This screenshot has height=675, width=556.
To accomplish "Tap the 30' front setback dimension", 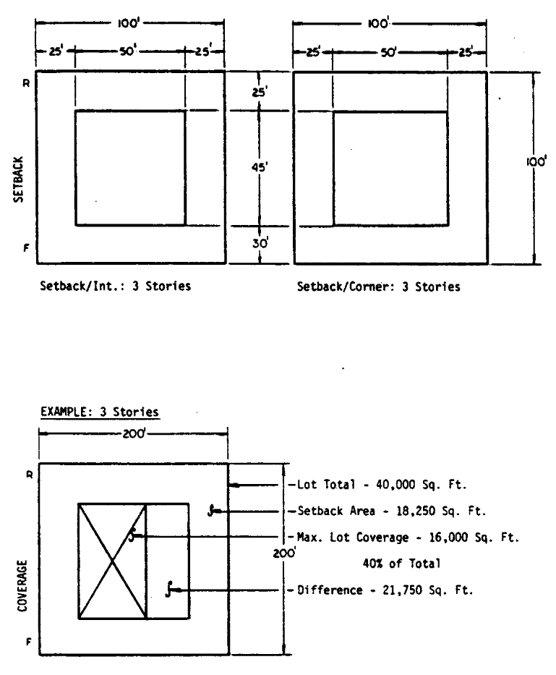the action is pyautogui.click(x=260, y=243).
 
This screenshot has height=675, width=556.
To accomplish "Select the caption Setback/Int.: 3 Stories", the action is pyautogui.click(x=116, y=286).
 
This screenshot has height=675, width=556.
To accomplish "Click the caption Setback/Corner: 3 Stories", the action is pyautogui.click(x=379, y=287).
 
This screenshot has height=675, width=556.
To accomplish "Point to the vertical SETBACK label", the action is pyautogui.click(x=18, y=179).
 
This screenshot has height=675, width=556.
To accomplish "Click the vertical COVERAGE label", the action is pyautogui.click(x=22, y=585).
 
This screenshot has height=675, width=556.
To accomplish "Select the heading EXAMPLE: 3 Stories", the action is pyautogui.click(x=100, y=412).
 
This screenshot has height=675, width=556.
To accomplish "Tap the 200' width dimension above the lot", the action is pyautogui.click(x=134, y=433).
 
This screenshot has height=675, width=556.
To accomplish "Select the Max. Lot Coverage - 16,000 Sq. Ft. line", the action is pyautogui.click(x=408, y=538).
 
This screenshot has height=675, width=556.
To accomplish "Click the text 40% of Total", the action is pyautogui.click(x=402, y=564).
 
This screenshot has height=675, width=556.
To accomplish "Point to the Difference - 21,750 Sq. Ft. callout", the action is pyautogui.click(x=385, y=590).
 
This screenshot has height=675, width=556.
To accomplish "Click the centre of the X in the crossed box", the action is pyautogui.click(x=112, y=561).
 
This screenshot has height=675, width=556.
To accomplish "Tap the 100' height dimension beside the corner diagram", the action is pyautogui.click(x=536, y=162).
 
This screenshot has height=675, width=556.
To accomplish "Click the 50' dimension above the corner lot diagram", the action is pyautogui.click(x=388, y=52).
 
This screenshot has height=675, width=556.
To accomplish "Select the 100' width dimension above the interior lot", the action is pyautogui.click(x=129, y=23).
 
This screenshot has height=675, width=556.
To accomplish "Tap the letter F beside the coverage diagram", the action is pyautogui.click(x=29, y=642).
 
